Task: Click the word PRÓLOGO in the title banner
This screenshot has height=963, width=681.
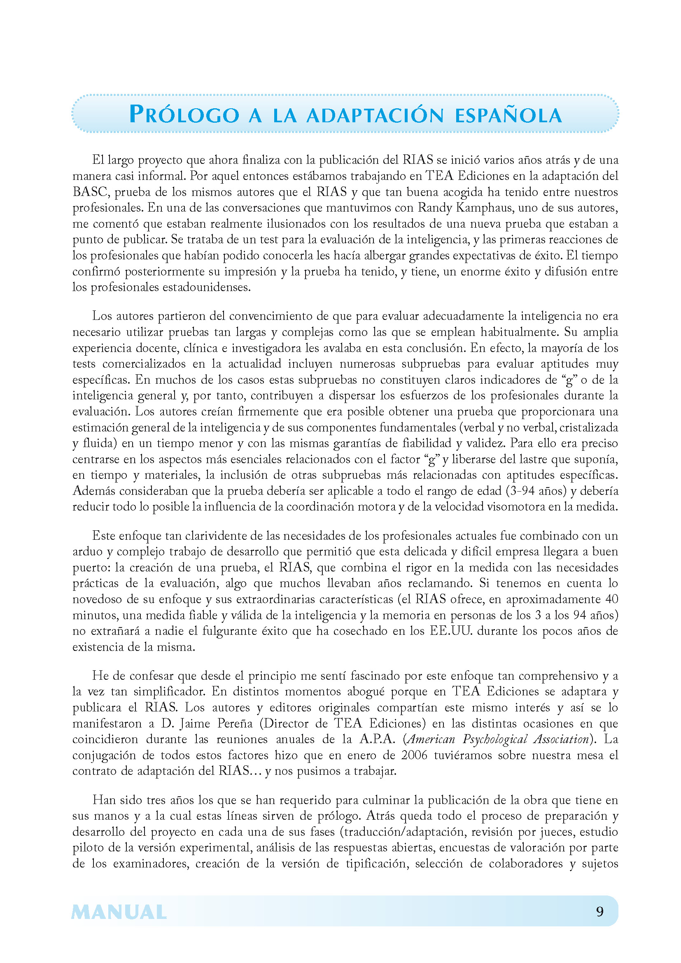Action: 184,114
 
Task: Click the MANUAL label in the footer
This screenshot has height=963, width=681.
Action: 119,912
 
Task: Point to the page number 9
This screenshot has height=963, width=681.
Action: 599,912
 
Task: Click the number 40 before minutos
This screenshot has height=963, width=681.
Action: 611,599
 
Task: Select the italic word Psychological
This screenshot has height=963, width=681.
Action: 495,739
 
